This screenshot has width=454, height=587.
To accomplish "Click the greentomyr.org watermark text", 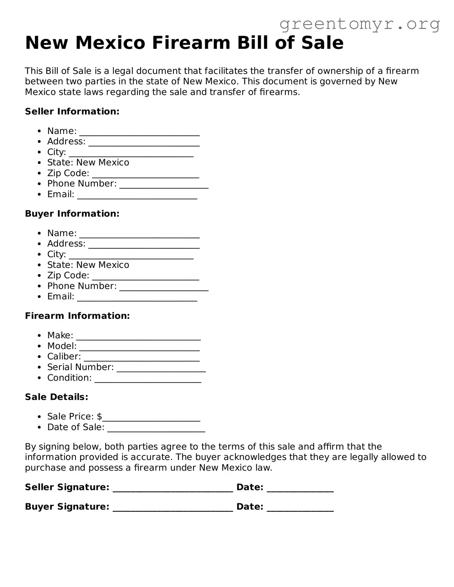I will [359, 24].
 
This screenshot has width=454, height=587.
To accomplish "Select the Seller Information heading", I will [72, 111].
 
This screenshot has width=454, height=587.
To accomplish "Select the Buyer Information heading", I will [72, 214].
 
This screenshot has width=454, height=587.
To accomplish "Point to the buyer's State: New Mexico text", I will [88, 265].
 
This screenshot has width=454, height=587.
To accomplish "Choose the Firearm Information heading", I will [77, 316].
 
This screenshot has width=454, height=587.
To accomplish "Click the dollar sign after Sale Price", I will [99, 416].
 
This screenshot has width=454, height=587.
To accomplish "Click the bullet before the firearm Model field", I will [40, 346].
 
